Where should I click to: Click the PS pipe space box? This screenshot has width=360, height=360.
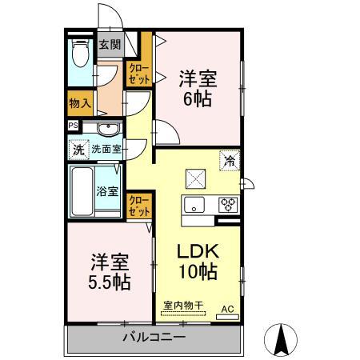click(74, 126)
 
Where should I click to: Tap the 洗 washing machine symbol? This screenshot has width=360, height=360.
click(78, 149)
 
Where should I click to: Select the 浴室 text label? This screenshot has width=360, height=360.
click(108, 191)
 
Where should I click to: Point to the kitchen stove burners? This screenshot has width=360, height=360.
click(228, 203)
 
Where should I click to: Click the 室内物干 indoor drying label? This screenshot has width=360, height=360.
click(183, 305)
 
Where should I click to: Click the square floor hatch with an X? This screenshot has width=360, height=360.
click(195, 178)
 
